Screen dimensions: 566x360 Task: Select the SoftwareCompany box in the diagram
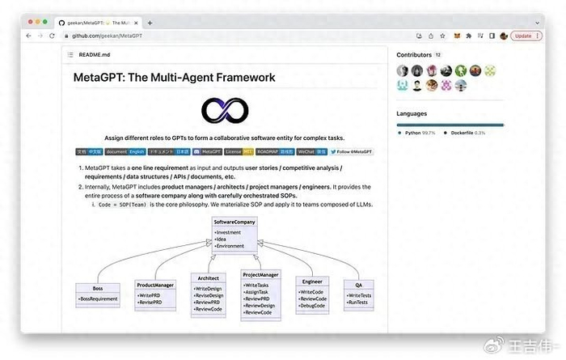click(x=234, y=233)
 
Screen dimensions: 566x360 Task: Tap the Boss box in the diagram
click(x=98, y=294)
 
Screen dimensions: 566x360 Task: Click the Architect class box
click(x=208, y=292)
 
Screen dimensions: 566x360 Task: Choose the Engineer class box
click(x=312, y=292)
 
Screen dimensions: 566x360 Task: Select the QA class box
click(x=358, y=292)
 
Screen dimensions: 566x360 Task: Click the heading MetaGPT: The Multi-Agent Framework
click(x=174, y=78)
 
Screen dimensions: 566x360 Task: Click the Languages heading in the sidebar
click(x=412, y=113)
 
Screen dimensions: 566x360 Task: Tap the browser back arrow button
click(x=29, y=36)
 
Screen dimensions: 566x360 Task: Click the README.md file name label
click(x=95, y=54)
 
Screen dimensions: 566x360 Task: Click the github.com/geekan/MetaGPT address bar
click(x=112, y=36)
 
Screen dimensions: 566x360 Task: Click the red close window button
click(x=29, y=23)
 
